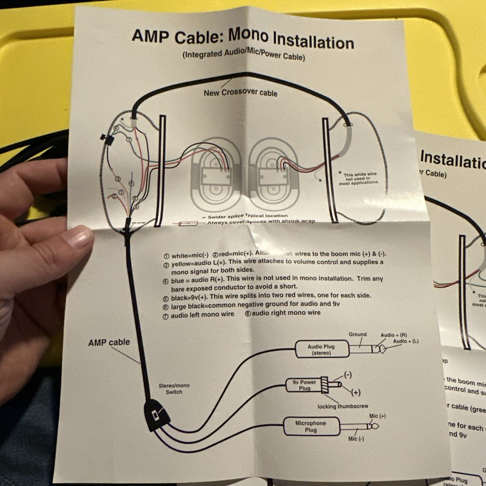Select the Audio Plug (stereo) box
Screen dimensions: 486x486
point(322,349)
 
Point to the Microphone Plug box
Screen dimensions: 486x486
point(311,427)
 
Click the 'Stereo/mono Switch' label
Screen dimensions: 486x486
point(174,389)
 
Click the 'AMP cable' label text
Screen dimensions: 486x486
point(109,343)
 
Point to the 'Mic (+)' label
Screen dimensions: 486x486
point(377,416)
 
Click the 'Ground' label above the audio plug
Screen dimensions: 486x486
point(358,335)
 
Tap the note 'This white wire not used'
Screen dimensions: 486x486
point(360,178)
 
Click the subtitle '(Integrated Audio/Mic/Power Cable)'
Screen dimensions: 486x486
point(243,56)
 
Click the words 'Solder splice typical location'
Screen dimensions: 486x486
point(247,216)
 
